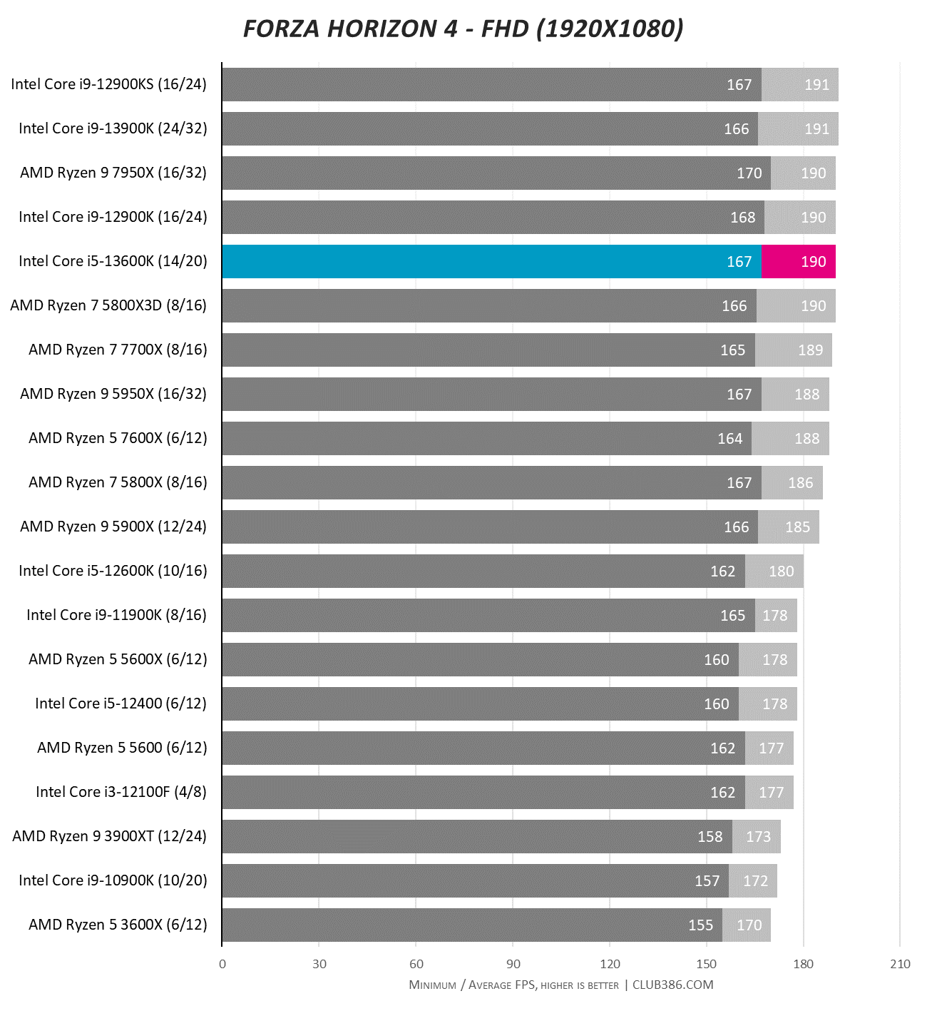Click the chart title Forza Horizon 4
[x=463, y=29]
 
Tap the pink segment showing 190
[x=799, y=261]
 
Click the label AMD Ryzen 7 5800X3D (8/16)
[x=108, y=305]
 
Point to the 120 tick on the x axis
[x=610, y=964]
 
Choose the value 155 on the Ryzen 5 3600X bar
[x=700, y=925]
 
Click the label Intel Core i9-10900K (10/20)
[x=113, y=880]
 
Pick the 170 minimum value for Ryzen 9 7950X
[x=749, y=173]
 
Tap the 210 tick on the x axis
[x=900, y=964]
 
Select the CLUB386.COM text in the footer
[x=672, y=985]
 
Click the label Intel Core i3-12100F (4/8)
[x=121, y=792]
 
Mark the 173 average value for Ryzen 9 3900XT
[x=758, y=836]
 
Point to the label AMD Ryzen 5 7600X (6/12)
[x=118, y=438]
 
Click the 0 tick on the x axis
[x=222, y=964]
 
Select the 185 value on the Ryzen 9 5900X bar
[x=797, y=527]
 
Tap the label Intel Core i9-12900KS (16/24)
[x=108, y=84]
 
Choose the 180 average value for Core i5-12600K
[x=781, y=571]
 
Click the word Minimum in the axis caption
[x=432, y=985]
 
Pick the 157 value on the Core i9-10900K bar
[x=707, y=880]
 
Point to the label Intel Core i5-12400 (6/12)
[x=121, y=703]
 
